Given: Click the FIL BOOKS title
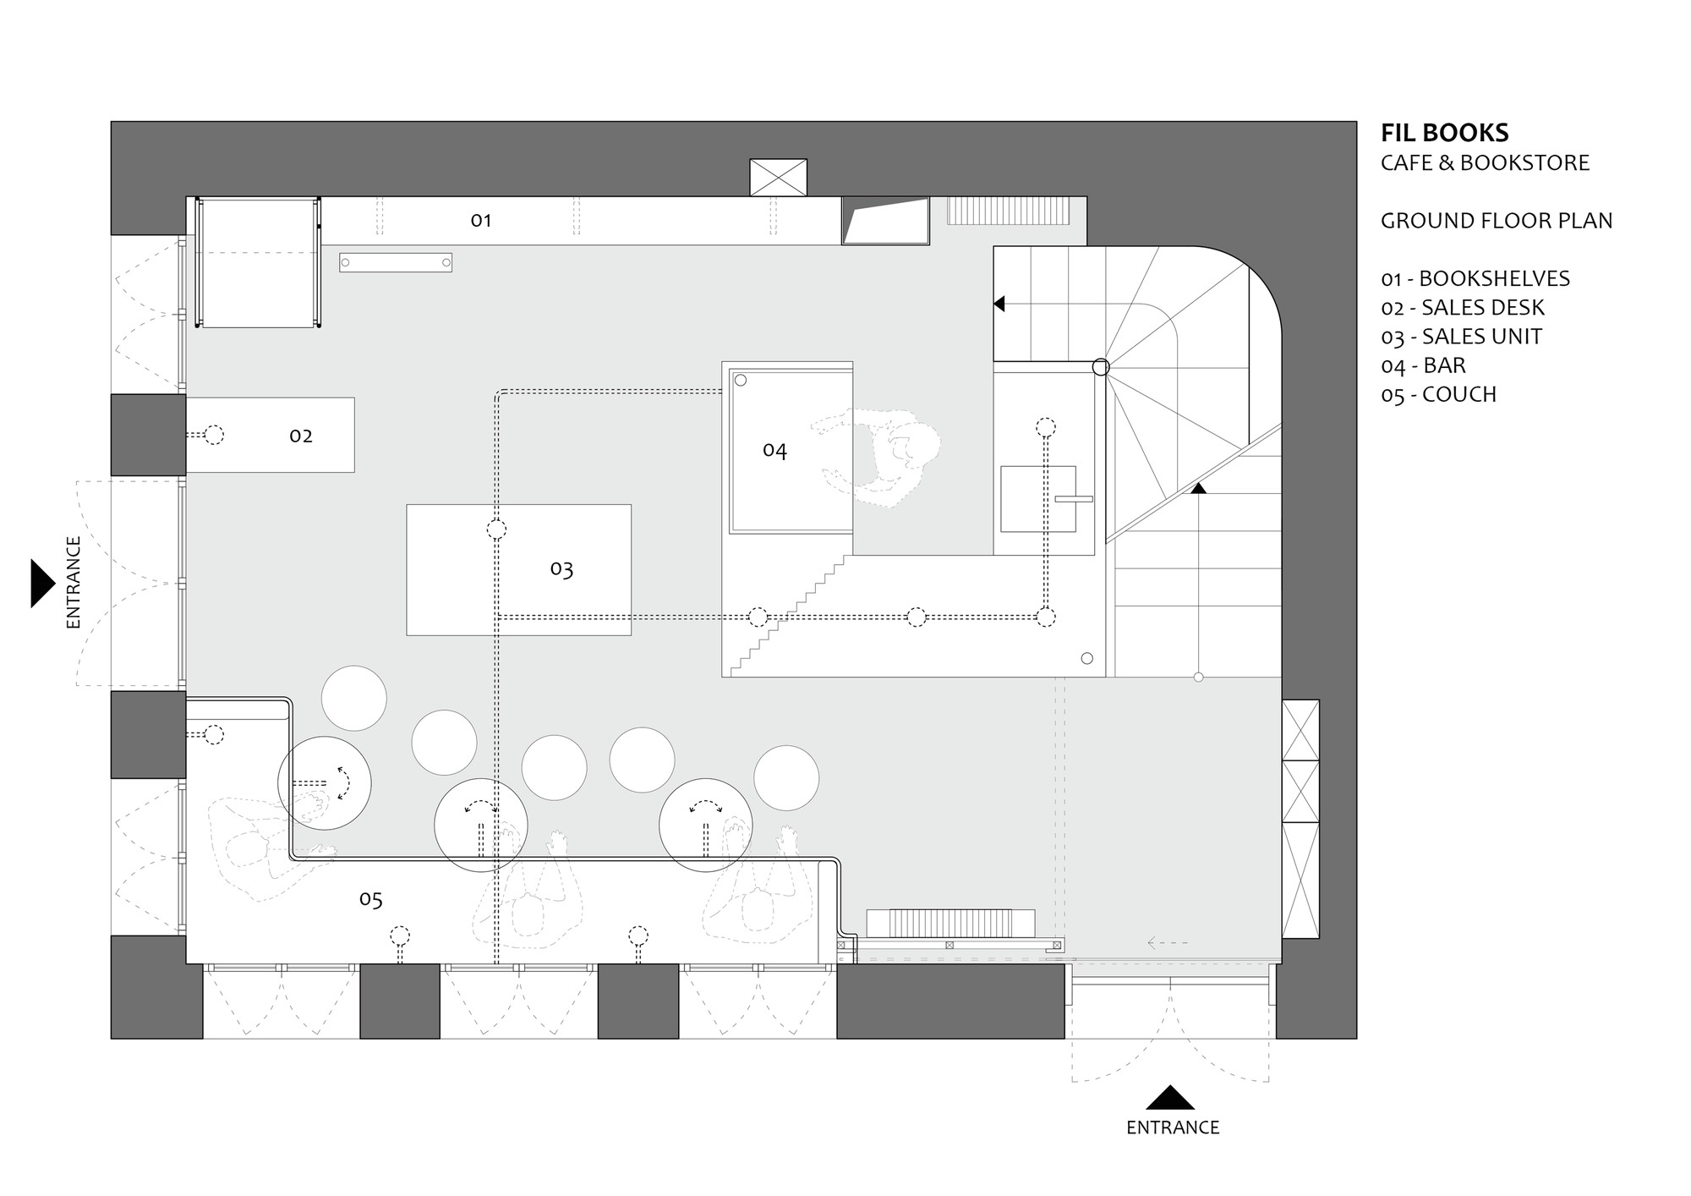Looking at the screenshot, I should pos(1444,134).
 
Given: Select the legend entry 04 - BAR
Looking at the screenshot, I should pos(1423,366).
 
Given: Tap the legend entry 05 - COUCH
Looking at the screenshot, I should pos(1438,395).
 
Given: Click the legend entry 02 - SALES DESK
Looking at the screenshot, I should pos(1463,308).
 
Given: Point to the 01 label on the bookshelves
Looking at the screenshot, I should pos(481,221).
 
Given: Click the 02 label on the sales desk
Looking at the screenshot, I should pos(301,436).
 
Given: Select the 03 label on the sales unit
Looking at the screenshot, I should pos(561,569).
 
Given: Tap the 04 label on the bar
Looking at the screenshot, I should pos(774,450).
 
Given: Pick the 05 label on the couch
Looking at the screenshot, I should pos(371,899).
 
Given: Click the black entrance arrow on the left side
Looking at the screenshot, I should pos(41,583).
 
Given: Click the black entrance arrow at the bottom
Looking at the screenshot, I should pos(1170,1098).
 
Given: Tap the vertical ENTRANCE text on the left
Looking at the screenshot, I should pos(74,582).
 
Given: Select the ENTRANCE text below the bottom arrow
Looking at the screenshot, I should pos(1173,1128).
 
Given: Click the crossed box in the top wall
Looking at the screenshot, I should pos(778,178).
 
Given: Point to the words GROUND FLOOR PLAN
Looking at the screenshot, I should pos(1497,222).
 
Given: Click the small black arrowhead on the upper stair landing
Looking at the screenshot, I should pos(999,303).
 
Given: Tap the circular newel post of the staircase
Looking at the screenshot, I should pos(1101,367).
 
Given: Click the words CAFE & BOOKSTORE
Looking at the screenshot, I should pos(1485,163).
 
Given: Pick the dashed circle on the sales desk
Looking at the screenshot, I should pos(215,436).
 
